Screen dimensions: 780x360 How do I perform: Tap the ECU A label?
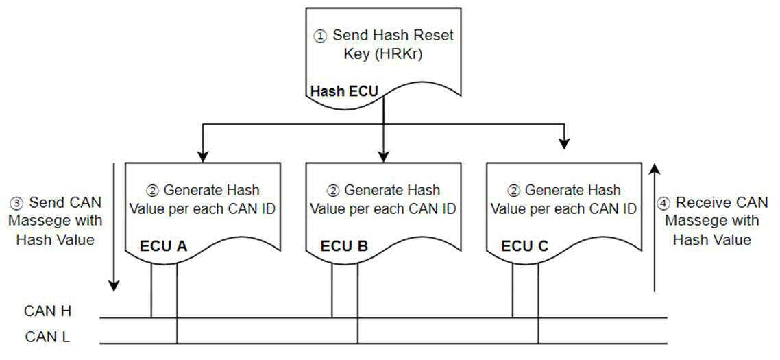pos(164,246)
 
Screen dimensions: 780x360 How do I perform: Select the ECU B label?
pos(344,246)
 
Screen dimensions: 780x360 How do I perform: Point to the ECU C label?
pos(525,246)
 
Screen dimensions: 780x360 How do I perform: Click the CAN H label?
pos(48,312)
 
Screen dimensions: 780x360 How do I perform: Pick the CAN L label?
pos(47,337)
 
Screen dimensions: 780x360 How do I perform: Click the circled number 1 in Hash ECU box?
pos(319,36)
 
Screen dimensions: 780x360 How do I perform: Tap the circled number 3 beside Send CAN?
pos(16,203)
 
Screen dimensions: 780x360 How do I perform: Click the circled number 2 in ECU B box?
pos(333,191)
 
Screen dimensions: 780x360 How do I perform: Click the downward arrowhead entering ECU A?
pos(202,156)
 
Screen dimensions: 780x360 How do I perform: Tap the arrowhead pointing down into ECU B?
pos(382,156)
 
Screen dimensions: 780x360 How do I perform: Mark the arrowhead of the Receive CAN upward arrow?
pos(655,169)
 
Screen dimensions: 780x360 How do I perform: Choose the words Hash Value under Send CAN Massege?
pos(56,239)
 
